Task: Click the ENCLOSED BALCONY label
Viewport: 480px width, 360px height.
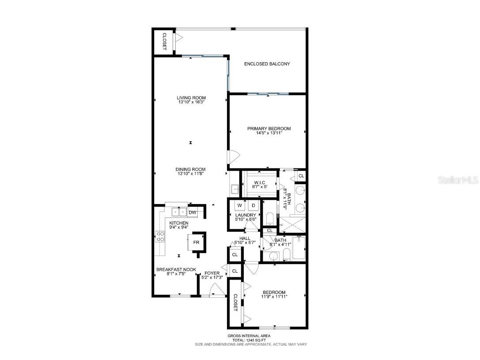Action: point(267,64)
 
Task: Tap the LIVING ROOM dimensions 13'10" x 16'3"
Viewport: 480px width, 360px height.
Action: point(191,102)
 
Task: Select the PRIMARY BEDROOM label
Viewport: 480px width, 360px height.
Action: point(268,129)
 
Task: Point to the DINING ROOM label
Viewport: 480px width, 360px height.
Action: point(190,169)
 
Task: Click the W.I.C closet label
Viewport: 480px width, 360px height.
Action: point(259,183)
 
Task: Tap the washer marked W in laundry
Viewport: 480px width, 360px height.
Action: point(240,205)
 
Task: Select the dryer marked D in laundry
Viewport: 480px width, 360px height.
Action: point(253,205)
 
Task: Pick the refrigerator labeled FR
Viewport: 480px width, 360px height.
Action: point(195,243)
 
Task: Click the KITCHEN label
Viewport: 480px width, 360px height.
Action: point(179,223)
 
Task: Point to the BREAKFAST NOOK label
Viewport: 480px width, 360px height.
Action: point(176,269)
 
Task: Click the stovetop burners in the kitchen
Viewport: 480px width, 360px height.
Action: point(160,237)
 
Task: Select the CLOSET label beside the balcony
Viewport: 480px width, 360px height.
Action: point(164,42)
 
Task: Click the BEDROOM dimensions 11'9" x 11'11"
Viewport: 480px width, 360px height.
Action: point(274,297)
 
